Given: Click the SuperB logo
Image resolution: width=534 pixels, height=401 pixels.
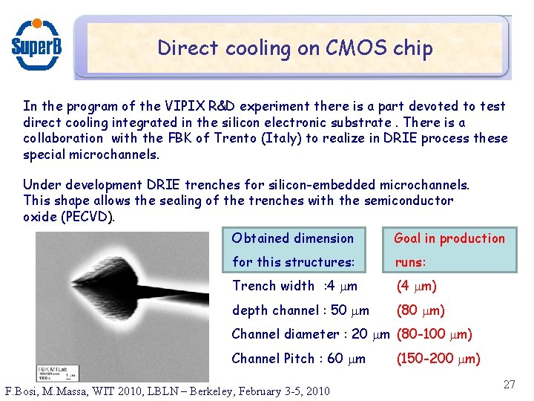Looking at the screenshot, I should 36,43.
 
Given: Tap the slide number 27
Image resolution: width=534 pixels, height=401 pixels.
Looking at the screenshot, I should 508,384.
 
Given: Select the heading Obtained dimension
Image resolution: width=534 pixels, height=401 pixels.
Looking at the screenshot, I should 293,238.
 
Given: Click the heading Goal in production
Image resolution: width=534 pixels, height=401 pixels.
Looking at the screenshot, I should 449,238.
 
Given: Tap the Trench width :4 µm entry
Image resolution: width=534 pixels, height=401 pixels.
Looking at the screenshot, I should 294,286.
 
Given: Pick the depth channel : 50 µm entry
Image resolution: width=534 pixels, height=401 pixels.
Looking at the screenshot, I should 300,310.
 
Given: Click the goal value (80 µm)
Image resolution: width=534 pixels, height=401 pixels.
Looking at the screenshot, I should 421,310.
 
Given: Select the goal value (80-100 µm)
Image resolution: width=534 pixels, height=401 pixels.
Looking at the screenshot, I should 435,334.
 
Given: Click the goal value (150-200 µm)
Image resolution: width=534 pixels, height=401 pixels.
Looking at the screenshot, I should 438,359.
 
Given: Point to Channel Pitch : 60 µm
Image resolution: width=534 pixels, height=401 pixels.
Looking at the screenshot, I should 298,359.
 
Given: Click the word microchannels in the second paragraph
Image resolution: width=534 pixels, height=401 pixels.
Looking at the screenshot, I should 424,184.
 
